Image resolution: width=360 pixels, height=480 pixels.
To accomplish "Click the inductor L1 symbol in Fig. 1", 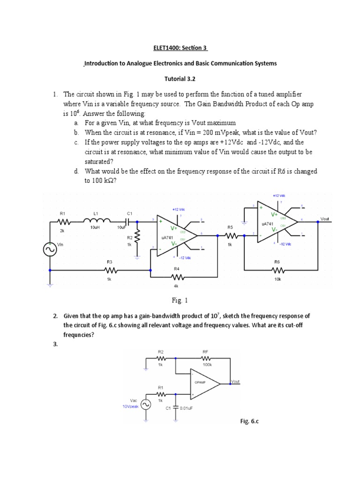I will tap(96, 221).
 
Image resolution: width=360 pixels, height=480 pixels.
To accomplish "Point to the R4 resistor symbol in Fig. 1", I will tap(177, 277).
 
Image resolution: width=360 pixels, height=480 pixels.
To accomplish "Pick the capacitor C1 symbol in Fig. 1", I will tap(130, 221).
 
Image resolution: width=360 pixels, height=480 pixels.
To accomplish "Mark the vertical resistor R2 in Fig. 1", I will tap(137, 239).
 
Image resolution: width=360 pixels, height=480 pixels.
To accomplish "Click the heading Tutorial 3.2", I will tap(180, 79).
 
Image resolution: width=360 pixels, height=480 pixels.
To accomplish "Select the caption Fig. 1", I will tap(180, 300).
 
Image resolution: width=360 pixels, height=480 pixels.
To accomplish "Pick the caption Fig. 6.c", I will tap(250, 421).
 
